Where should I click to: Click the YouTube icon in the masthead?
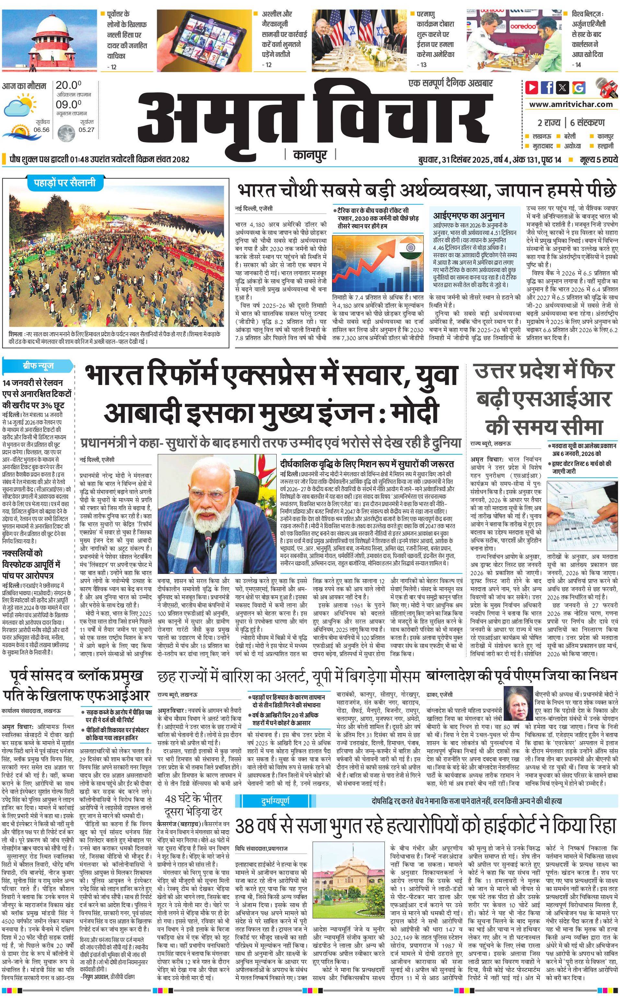point(532,87)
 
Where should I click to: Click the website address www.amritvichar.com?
point(570,104)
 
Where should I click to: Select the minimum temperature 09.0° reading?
point(68,104)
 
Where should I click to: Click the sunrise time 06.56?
point(41,130)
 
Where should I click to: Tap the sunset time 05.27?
point(86,130)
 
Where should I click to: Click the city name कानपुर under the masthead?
point(310,155)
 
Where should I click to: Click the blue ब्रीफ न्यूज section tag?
point(38,366)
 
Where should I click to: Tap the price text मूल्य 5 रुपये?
point(598,159)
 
